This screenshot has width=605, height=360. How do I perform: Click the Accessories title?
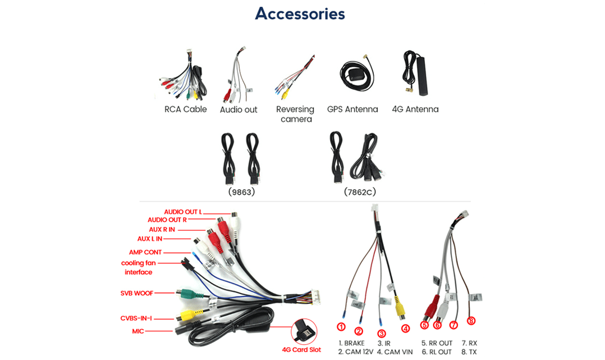click(x=300, y=13)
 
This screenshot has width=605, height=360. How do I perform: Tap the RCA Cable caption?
click(x=185, y=110)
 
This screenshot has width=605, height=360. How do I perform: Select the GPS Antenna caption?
click(x=352, y=110)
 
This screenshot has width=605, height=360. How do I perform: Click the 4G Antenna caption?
click(x=415, y=110)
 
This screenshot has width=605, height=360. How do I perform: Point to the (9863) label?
click(x=242, y=192)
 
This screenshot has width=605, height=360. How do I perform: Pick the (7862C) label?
click(x=360, y=192)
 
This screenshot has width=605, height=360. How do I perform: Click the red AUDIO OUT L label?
click(x=182, y=212)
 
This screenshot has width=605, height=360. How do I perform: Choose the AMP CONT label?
click(x=145, y=253)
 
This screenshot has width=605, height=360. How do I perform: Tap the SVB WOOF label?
click(x=136, y=293)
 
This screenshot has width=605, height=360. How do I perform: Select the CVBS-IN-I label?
click(x=136, y=318)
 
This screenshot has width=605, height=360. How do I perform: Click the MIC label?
click(x=138, y=331)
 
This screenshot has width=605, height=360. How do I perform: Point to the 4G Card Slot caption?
click(x=301, y=350)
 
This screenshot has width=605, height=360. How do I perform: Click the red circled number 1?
click(x=341, y=327)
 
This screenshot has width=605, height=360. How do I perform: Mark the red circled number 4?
click(x=405, y=329)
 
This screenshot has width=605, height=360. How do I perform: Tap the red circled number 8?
click(x=471, y=321)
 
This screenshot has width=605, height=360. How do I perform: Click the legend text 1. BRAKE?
click(x=351, y=343)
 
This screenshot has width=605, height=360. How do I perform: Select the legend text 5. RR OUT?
click(x=437, y=343)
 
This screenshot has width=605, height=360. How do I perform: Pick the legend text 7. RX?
click(x=469, y=343)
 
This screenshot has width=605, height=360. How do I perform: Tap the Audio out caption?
click(x=239, y=110)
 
